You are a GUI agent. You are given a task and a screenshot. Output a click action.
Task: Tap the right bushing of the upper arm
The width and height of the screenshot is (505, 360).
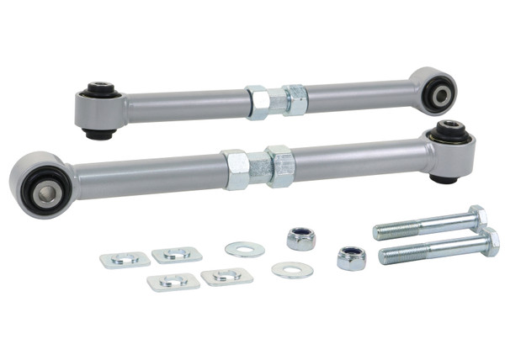(439, 90)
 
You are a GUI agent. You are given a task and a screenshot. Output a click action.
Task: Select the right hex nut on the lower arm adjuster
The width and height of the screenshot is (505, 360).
(279, 166)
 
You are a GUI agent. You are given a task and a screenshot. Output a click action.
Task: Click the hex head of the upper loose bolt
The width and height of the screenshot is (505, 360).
(476, 217)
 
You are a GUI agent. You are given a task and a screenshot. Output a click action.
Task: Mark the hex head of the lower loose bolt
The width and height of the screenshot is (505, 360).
(487, 243)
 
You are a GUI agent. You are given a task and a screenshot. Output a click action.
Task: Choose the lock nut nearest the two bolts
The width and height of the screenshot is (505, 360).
(351, 257)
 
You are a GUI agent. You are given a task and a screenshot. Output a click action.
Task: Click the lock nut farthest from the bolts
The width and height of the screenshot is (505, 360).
(300, 239)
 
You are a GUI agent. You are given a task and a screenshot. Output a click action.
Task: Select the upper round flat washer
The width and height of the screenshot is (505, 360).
(244, 249)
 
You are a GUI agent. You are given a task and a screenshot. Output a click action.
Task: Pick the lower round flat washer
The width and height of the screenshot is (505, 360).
(292, 271)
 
